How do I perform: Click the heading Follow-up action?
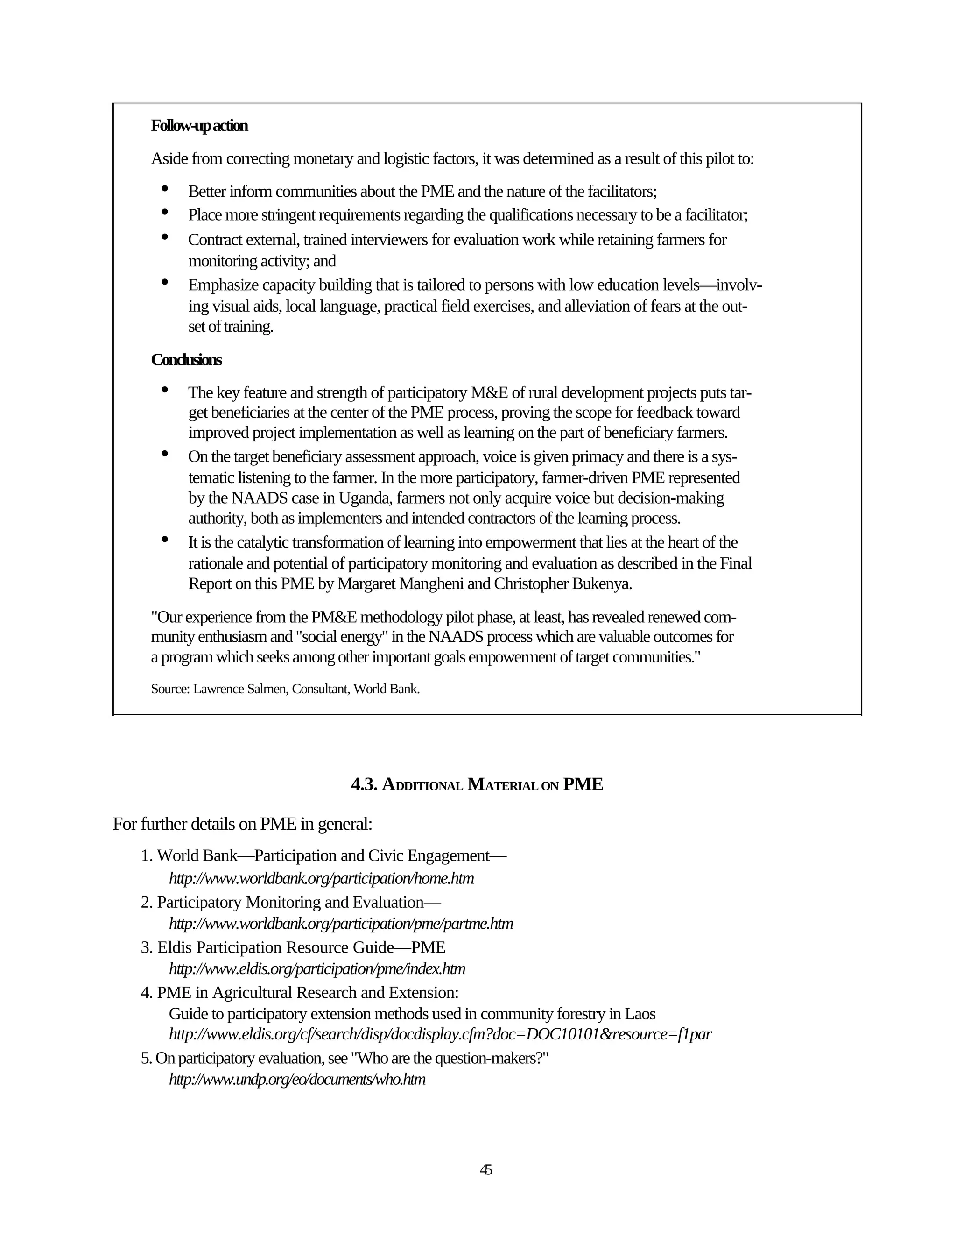[199, 126]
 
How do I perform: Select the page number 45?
[485, 1169]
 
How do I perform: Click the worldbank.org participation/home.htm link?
[321, 879]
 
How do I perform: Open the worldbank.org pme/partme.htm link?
[341, 924]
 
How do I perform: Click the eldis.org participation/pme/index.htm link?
[317, 969]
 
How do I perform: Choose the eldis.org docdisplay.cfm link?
[440, 1034]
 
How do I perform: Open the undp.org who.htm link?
[297, 1079]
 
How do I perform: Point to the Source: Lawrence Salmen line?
[285, 689]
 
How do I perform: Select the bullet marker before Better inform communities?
[165, 188]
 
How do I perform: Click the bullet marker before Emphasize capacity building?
[165, 281]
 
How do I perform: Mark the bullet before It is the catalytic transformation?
[165, 539]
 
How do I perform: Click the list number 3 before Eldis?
[145, 948]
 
